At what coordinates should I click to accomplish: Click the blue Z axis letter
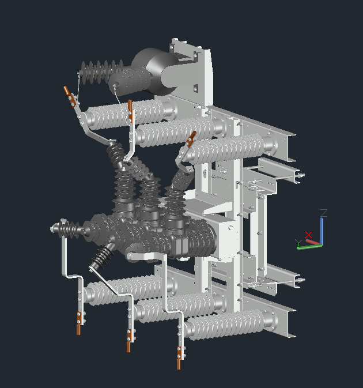tap(324, 213)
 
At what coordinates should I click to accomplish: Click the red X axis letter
tap(308, 235)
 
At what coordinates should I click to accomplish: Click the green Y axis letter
tap(298, 243)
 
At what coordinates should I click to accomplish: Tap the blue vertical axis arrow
tap(321, 231)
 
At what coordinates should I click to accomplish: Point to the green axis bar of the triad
tap(309, 247)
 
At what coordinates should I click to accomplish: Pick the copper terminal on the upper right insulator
tap(191, 139)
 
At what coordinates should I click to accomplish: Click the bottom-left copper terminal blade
tap(79, 323)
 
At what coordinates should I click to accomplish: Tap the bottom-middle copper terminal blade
tap(129, 340)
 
